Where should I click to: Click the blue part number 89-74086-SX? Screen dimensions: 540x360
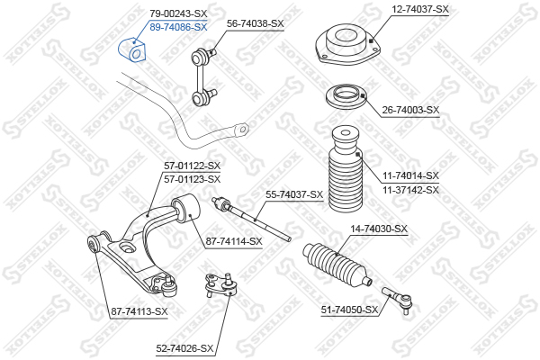(178, 27)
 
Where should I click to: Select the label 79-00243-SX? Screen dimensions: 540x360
(178, 13)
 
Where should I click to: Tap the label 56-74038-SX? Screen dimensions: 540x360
(256, 23)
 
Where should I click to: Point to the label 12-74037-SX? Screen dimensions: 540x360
(420, 9)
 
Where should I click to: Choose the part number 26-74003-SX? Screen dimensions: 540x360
(411, 110)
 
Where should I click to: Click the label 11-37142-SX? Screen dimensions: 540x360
(411, 190)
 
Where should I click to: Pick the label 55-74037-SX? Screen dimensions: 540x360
(294, 194)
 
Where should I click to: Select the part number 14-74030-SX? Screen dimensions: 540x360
(379, 229)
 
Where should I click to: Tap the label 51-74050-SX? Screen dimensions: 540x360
(349, 310)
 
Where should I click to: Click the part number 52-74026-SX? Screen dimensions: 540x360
(184, 348)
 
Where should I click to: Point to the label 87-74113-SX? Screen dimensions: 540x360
(139, 311)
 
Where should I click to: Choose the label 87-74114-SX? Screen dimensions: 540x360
(234, 241)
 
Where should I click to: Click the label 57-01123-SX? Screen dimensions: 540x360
(193, 179)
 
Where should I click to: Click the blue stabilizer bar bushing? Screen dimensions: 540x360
(132, 50)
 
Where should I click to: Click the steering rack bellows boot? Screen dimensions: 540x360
(337, 265)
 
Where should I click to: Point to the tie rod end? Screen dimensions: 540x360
(397, 299)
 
